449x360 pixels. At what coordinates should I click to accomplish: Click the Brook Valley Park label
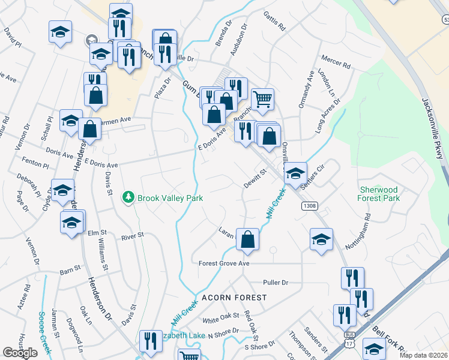tap(170, 198)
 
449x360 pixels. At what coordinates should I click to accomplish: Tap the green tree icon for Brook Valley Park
tap(128, 197)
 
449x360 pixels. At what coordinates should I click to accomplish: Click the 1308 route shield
tap(310, 206)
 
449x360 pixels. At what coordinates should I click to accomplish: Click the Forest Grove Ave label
tap(224, 263)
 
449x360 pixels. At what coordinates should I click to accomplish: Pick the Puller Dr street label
tap(276, 283)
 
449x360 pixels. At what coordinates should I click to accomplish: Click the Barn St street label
tap(70, 269)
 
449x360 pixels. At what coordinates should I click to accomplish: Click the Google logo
tap(20, 353)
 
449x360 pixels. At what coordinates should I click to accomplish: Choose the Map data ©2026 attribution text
tap(422, 355)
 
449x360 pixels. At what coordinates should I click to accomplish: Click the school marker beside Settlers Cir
tap(295, 173)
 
